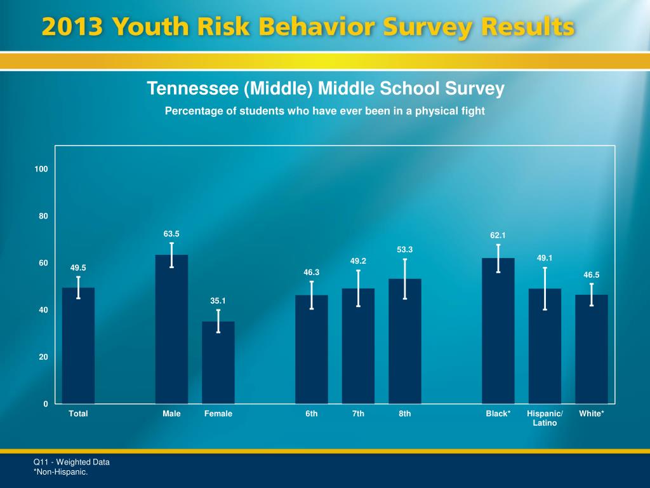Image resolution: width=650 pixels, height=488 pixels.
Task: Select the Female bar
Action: point(218,362)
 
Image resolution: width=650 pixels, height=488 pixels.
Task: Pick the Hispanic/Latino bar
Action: point(545,346)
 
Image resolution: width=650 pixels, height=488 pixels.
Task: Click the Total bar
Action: point(78,346)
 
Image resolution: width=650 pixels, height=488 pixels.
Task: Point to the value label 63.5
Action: point(171,233)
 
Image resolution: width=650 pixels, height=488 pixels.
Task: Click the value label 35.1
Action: point(218,301)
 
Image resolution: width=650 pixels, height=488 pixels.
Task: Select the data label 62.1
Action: point(498,236)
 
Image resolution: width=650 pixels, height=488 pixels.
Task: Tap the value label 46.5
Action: point(592,275)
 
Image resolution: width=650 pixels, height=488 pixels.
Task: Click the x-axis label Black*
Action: point(498,414)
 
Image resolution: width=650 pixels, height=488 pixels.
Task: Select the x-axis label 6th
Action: point(312,414)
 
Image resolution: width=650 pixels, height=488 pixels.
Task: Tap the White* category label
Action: point(592,414)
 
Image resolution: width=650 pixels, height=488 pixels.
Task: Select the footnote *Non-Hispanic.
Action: point(60,472)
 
